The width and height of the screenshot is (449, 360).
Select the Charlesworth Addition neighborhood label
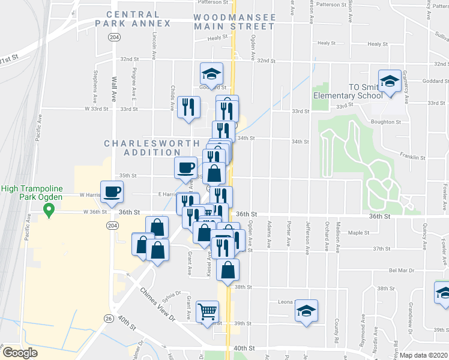[x=152, y=148]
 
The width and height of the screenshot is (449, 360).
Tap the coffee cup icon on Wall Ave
[x=112, y=192]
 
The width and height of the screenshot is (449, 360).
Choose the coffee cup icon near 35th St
[x=185, y=166]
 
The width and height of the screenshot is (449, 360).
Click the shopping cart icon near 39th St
[x=207, y=311]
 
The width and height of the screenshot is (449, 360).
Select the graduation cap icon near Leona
[x=306, y=311]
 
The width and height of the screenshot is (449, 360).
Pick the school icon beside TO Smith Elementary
[x=389, y=81]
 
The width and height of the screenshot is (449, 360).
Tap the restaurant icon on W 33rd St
[x=188, y=107]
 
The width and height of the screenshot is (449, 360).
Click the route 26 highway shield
[x=108, y=318]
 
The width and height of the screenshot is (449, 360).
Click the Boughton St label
[x=387, y=122]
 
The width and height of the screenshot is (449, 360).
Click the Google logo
[x=20, y=353]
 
